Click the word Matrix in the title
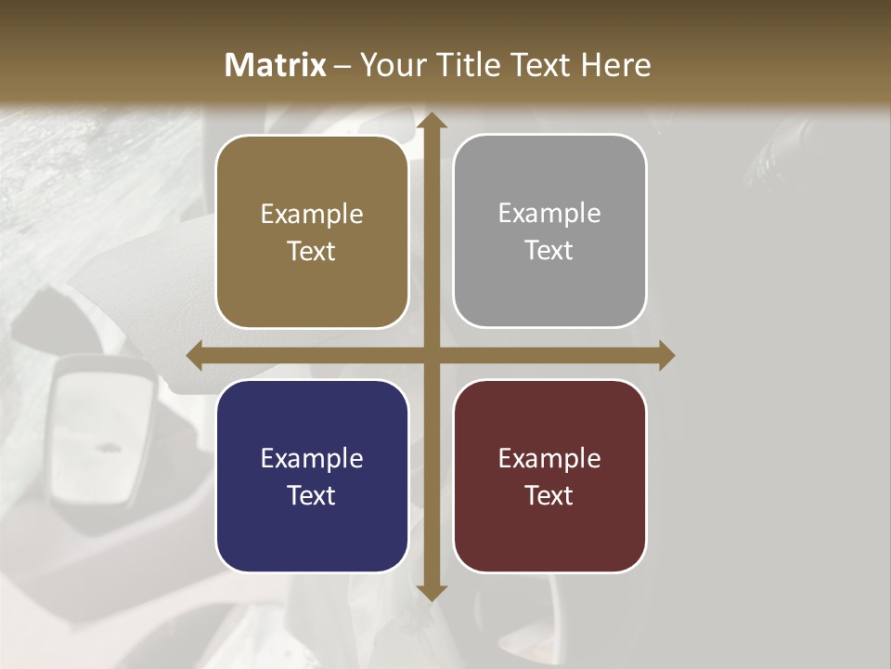pos(276,65)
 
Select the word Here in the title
pos(616,65)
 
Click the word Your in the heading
pos(391,65)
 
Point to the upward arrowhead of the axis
pos(431,121)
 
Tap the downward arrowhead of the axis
pos(431,592)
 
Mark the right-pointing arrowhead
pos(665,355)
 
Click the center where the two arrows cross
pos(431,355)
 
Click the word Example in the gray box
pos(549,214)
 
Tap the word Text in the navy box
pos(312,495)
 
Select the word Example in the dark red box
pos(549,458)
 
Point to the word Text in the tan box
pos(312,251)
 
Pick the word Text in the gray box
pos(549,250)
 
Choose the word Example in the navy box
pos(312,458)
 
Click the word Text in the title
pos(539,65)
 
